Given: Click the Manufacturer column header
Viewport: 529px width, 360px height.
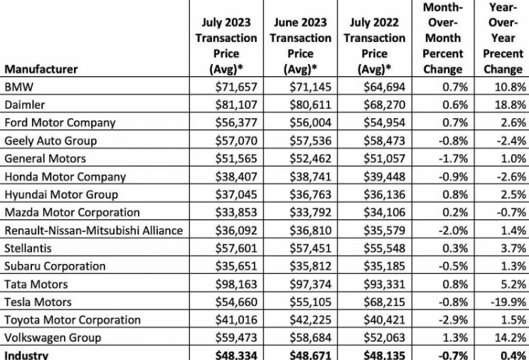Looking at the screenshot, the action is [x=41, y=69].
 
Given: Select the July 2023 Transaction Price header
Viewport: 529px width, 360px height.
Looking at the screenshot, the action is [x=226, y=46].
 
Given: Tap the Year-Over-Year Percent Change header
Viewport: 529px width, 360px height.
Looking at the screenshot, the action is [x=503, y=38].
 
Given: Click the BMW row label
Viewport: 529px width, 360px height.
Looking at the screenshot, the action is [x=19, y=87].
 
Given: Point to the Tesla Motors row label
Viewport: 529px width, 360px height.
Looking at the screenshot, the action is [x=38, y=302].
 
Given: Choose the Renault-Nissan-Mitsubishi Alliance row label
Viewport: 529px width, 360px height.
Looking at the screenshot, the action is [x=93, y=231].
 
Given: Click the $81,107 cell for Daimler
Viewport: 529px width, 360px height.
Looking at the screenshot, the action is [x=236, y=105].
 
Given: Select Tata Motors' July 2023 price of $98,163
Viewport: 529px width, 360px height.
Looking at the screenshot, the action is [x=236, y=284].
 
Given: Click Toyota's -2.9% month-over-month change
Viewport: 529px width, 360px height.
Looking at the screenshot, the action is [x=453, y=320].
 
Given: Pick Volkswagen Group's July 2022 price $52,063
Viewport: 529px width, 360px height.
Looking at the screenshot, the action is [x=384, y=338].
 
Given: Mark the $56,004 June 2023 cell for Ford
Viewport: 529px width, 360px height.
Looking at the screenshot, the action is [x=311, y=122].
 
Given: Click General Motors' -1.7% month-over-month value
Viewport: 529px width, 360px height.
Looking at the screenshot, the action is [x=453, y=159].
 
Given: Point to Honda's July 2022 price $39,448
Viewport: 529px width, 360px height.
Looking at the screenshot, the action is [x=384, y=176].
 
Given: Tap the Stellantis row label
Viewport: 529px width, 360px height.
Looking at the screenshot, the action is [x=28, y=248].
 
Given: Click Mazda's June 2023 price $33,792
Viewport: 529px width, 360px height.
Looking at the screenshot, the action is [x=311, y=212].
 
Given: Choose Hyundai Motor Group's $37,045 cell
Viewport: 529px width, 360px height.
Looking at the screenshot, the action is [x=236, y=194].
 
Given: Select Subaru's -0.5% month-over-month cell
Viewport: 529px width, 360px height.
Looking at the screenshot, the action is [x=453, y=266].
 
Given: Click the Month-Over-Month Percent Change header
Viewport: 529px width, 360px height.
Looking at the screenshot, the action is [x=443, y=38].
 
